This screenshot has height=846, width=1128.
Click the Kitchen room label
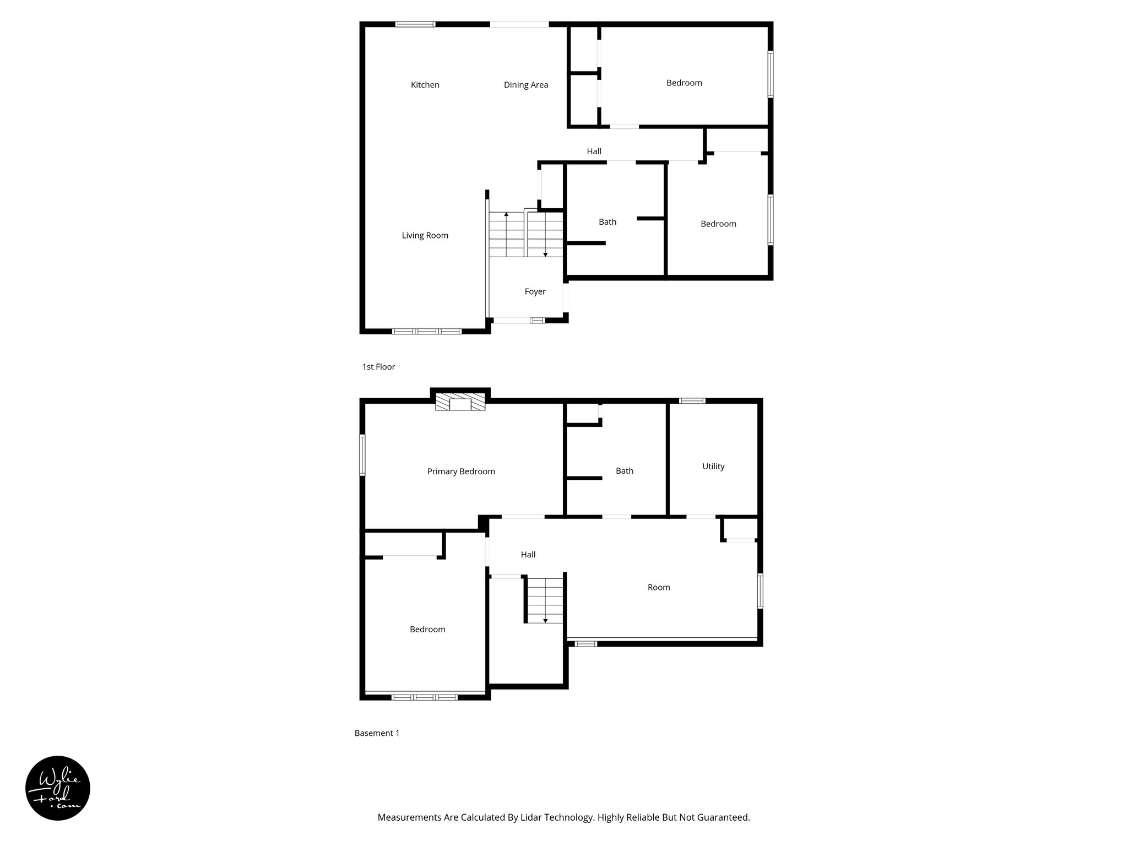425,85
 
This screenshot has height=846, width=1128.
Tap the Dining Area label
525,85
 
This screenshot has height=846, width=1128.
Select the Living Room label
425,236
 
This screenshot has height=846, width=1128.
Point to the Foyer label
535,292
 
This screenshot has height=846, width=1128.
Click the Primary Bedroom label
461,471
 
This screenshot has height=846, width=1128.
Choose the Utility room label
713,467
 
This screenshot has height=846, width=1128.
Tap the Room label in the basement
659,588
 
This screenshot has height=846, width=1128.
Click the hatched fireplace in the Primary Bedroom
460,402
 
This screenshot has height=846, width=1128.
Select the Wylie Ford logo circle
58,788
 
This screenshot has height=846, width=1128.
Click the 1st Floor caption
378,367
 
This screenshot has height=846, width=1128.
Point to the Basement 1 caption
377,734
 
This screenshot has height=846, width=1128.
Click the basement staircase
545,600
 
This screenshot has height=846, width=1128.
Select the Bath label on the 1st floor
608,222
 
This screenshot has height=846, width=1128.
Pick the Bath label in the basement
625,471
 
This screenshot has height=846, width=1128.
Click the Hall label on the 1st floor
594,151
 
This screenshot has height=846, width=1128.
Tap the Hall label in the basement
528,555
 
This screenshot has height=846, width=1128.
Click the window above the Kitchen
415,24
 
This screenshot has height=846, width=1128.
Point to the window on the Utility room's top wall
692,401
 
